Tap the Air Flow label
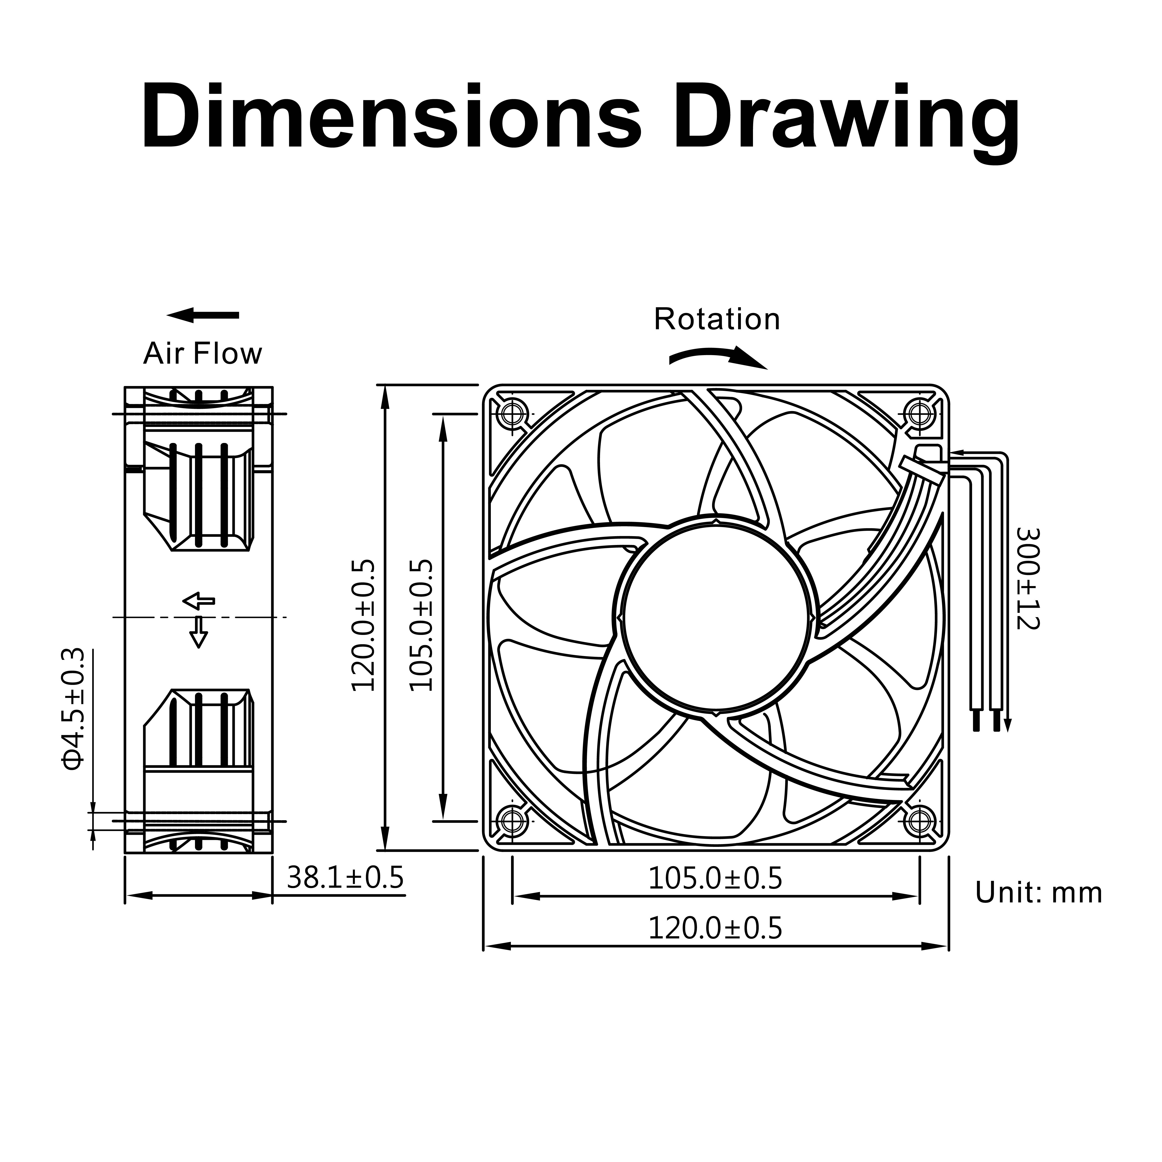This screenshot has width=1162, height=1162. [x=203, y=354]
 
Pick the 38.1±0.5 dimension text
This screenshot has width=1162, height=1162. [x=345, y=878]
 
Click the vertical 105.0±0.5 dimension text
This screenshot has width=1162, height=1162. [x=421, y=626]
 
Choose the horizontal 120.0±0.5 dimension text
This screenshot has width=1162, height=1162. [x=715, y=929]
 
